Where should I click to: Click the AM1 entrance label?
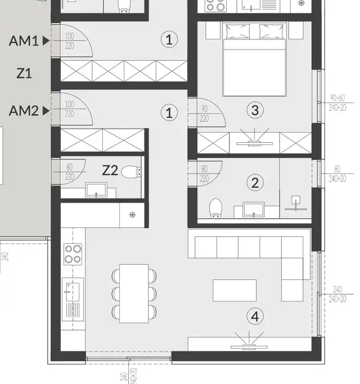point(24,40)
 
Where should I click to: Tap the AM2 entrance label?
point(24,111)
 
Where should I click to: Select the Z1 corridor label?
point(24,74)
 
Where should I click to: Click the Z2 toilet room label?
point(110,170)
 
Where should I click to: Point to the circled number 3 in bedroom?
point(255,110)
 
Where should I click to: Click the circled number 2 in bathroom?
point(255,182)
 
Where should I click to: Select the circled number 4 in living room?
point(255,317)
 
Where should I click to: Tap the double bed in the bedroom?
point(255,59)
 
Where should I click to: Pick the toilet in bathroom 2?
point(215,208)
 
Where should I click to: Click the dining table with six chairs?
point(134,293)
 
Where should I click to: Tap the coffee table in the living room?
point(234,291)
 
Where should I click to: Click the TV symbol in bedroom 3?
point(254,138)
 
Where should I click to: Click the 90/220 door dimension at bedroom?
point(204,114)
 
